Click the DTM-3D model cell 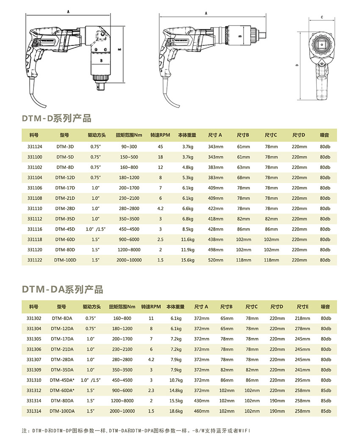65,147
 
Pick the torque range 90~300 129,147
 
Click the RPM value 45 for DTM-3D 160,147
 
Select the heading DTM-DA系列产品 63,290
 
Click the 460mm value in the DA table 202,411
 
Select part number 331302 34,318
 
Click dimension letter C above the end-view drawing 322,17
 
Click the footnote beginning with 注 136,431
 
